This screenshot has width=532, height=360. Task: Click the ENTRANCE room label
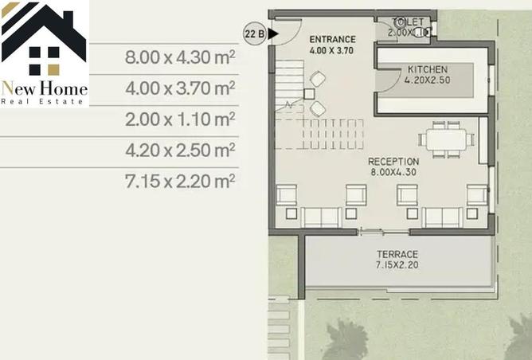332,39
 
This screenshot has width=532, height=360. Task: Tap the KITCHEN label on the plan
427,69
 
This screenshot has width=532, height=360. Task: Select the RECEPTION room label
393,162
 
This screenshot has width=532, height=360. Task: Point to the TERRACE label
397,254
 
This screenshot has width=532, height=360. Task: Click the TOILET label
401,23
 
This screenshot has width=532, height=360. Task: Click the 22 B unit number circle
254,33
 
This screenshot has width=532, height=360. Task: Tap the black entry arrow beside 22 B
273,33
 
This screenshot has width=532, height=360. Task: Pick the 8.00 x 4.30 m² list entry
180,57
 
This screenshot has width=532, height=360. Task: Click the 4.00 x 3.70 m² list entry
180,88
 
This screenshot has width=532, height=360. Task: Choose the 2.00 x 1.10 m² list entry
180,119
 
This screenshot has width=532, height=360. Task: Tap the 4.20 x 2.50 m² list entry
180,150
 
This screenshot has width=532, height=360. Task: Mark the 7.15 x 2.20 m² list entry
180,181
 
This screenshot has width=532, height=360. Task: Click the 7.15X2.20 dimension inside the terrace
397,264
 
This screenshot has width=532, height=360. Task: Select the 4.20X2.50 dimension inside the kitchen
427,80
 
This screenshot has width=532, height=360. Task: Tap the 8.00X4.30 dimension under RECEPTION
393,172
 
